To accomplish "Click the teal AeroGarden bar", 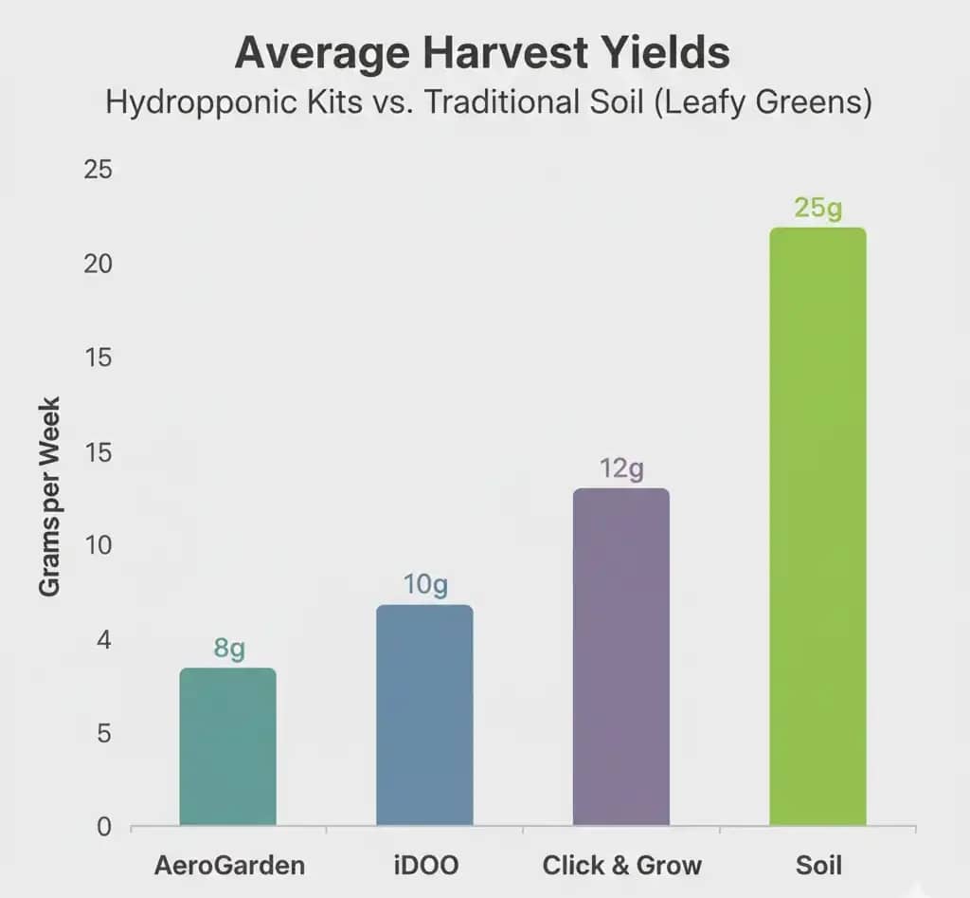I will coord(227,746).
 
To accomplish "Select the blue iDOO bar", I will coord(424,715).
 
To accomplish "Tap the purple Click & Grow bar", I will coord(621,656).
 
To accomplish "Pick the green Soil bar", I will coord(817,526).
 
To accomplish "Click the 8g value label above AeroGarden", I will coord(229,649).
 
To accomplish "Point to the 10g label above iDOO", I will coord(424,585).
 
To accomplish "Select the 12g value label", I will coord(621,468).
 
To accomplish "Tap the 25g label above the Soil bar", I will coord(817,208).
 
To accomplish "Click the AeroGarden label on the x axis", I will coord(228,865).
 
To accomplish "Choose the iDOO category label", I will coord(425,865).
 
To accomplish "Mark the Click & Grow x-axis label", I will coord(622,865).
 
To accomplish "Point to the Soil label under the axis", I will coord(819,865).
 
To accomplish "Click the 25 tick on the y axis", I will coord(99,171).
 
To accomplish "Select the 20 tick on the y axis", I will coord(99,264).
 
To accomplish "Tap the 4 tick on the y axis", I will coord(104,641).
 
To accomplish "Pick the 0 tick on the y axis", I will coord(104,827).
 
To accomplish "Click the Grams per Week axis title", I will coord(50,496).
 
